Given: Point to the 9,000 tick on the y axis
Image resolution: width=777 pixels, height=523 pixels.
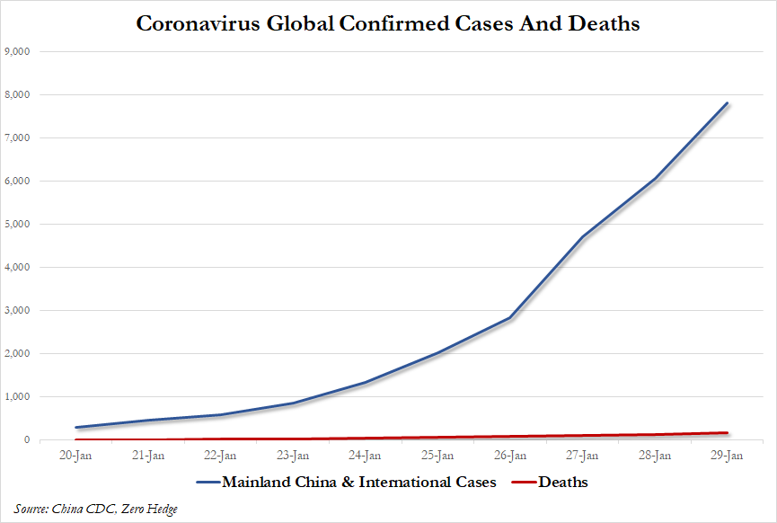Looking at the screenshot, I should (18, 51).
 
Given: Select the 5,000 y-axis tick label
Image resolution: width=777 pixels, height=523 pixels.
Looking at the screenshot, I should (18, 224).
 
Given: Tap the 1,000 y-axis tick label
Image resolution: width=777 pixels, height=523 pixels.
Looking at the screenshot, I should (18, 396).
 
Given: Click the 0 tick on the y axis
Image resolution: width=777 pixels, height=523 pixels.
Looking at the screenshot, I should (29, 440).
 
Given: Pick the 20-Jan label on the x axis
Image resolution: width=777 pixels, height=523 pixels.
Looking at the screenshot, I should (76, 456).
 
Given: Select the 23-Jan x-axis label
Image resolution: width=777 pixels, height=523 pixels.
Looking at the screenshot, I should (293, 456).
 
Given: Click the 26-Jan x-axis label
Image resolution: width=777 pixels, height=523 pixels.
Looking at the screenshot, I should (510, 456).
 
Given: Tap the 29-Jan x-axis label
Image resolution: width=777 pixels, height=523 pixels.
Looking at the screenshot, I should (727, 456).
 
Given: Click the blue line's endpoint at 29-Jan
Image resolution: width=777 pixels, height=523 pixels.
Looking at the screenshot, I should (727, 103).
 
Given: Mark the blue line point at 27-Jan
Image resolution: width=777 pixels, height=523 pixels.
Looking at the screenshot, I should (582, 237).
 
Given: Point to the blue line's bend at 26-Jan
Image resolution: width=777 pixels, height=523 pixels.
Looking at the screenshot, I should (510, 317).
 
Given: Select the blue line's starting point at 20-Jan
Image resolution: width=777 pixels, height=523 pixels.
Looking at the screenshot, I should (76, 428).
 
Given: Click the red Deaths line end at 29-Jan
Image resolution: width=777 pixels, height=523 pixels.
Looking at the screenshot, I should (727, 433).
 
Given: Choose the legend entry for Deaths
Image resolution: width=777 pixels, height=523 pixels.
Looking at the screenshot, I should (563, 483).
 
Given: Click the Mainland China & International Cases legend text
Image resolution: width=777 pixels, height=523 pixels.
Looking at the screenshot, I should (358, 483).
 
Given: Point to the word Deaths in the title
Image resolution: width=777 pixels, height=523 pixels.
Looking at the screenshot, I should (605, 24).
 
